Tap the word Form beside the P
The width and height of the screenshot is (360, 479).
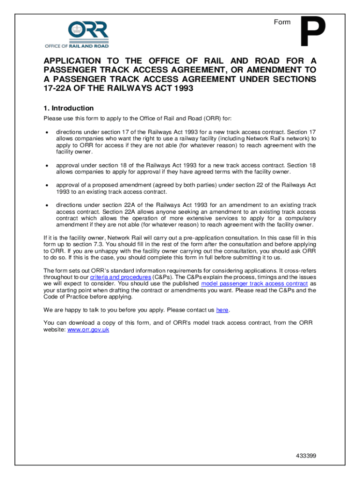pyautogui.click(x=282, y=22)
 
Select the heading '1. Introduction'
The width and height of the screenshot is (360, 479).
pyautogui.click(x=68, y=108)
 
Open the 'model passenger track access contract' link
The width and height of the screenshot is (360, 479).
pyautogui.click(x=254, y=283)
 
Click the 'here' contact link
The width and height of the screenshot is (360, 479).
pyautogui.click(x=222, y=310)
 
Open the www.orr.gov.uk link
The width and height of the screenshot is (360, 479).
pyautogui.click(x=88, y=329)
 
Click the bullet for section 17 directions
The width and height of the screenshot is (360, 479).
pyautogui.click(x=47, y=132)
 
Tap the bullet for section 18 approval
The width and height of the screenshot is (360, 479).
pyautogui.click(x=47, y=166)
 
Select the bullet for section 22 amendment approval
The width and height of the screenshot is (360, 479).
pyautogui.click(x=47, y=185)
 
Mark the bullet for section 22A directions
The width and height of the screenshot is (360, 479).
pyautogui.click(x=47, y=205)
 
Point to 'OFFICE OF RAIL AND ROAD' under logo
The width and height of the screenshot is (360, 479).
pyautogui.click(x=77, y=46)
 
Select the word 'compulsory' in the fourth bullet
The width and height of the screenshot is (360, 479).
pyautogui.click(x=299, y=218)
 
